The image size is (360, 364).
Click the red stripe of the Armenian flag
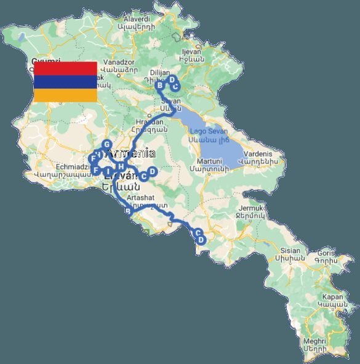tap(65, 68)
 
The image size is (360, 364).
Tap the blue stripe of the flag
tap(65, 81)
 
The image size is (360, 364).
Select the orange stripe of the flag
tap(65, 95)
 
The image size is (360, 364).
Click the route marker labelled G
tap(106, 144)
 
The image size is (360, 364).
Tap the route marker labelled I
tap(108, 171)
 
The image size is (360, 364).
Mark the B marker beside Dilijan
tap(159, 85)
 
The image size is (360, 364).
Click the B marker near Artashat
tap(128, 212)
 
